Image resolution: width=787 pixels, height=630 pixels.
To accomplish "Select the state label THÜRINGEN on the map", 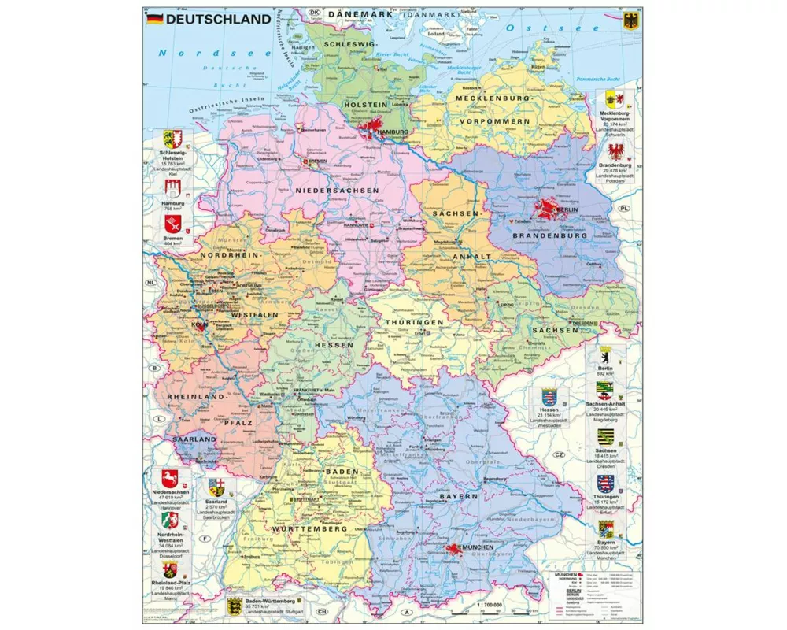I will [x=415, y=322].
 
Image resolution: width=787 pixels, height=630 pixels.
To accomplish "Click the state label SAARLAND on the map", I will [x=194, y=439].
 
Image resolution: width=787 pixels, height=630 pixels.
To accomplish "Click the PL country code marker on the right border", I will [x=624, y=209].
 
